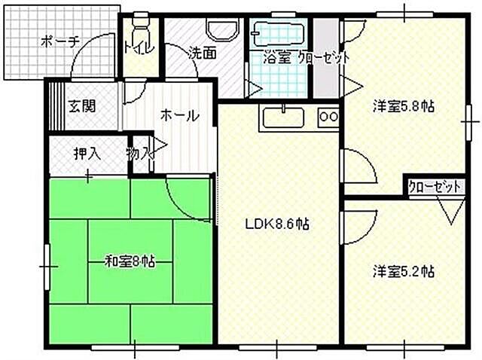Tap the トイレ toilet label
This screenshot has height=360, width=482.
pyautogui.click(x=139, y=48)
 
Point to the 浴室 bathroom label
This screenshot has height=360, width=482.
pyautogui.click(x=276, y=56)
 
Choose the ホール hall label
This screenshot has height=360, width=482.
pyautogui.click(x=178, y=116)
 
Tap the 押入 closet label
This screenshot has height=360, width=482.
pyautogui.click(x=87, y=154)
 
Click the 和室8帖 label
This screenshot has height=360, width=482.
pyautogui.click(x=130, y=261)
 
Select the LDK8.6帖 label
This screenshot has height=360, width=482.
pyautogui.click(x=279, y=224)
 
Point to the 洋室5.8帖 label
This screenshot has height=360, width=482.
pyautogui.click(x=403, y=106)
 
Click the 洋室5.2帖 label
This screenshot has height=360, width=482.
pyautogui.click(x=403, y=271)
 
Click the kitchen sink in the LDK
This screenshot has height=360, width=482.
pyautogui.click(x=282, y=117)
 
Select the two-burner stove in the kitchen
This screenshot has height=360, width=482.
pyautogui.click(x=329, y=117)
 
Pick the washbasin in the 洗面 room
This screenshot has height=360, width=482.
pyautogui.click(x=219, y=30)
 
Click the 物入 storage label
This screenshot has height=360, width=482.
pyautogui.click(x=140, y=154)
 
